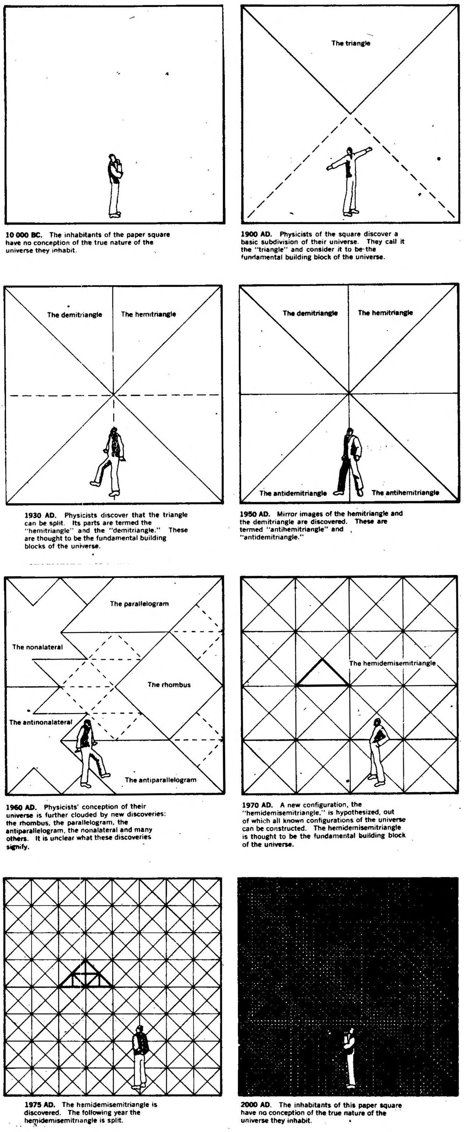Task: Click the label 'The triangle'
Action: [351, 43]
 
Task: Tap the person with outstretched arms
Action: [349, 180]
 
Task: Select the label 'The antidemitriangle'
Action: [293, 493]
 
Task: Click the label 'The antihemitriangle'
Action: [405, 493]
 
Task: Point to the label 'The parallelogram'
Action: [139, 604]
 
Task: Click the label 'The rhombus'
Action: [169, 685]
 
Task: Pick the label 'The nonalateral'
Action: [37, 647]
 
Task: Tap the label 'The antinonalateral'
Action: [41, 722]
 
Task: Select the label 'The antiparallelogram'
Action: [160, 780]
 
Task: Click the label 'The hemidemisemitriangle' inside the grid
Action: [392, 663]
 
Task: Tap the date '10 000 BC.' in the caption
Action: [23, 235]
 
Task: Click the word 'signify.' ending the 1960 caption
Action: [18, 847]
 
